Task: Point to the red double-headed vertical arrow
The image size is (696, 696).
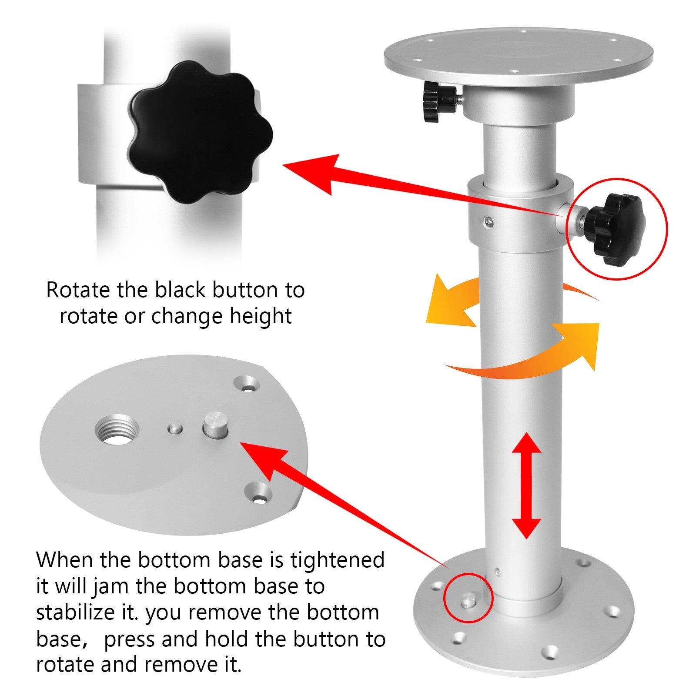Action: (x=526, y=485)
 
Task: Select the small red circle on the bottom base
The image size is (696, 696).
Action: (x=468, y=598)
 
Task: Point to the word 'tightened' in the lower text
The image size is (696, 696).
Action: (x=337, y=560)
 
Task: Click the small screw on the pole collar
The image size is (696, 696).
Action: (x=490, y=222)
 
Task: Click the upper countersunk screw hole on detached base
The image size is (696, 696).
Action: (x=247, y=385)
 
